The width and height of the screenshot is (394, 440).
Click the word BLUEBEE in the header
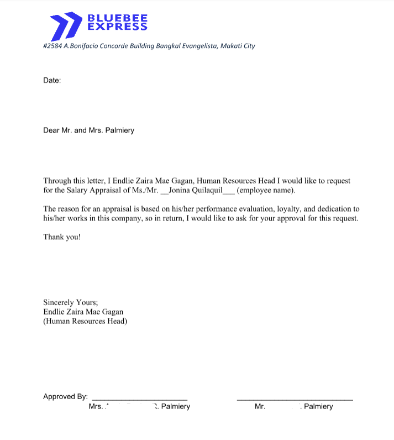[118, 18]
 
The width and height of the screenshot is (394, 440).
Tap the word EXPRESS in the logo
[118, 26]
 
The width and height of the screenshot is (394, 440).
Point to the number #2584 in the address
[52, 46]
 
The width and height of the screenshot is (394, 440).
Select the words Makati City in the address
[238, 46]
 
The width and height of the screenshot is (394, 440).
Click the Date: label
[52, 80]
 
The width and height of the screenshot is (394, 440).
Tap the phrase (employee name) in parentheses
[266, 191]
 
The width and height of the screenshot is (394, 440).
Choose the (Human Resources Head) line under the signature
[85, 321]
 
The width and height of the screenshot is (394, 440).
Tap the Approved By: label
[65, 396]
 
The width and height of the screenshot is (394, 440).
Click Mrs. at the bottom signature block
[96, 406]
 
